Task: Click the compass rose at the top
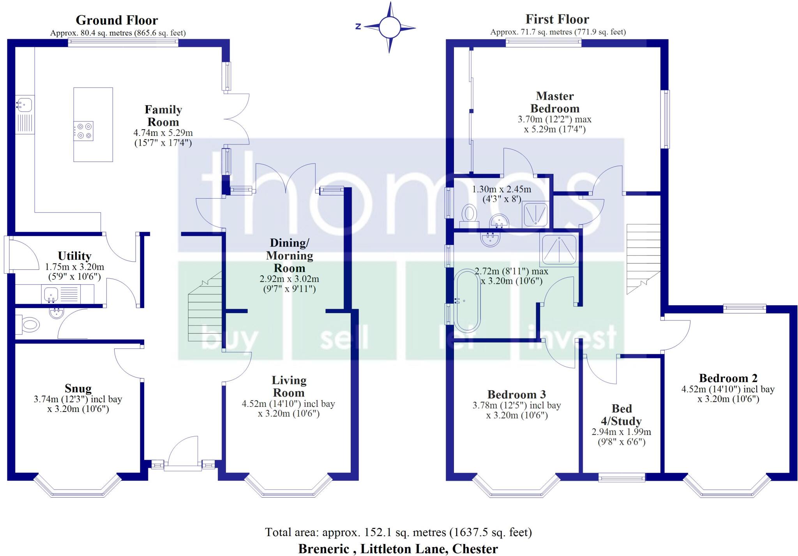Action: [x=389, y=27]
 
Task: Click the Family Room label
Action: [x=163, y=116]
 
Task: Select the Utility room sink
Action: [x=50, y=294]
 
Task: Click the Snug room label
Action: [x=78, y=389]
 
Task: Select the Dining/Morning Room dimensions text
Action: [x=289, y=284]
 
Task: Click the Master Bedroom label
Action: [x=555, y=102]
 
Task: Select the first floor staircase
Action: [x=643, y=257]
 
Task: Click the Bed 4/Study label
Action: [x=621, y=415]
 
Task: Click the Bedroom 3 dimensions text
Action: [x=517, y=410]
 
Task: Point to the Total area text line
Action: [x=398, y=532]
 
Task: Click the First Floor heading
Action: [x=557, y=19]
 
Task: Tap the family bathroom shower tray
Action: [x=558, y=249]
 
